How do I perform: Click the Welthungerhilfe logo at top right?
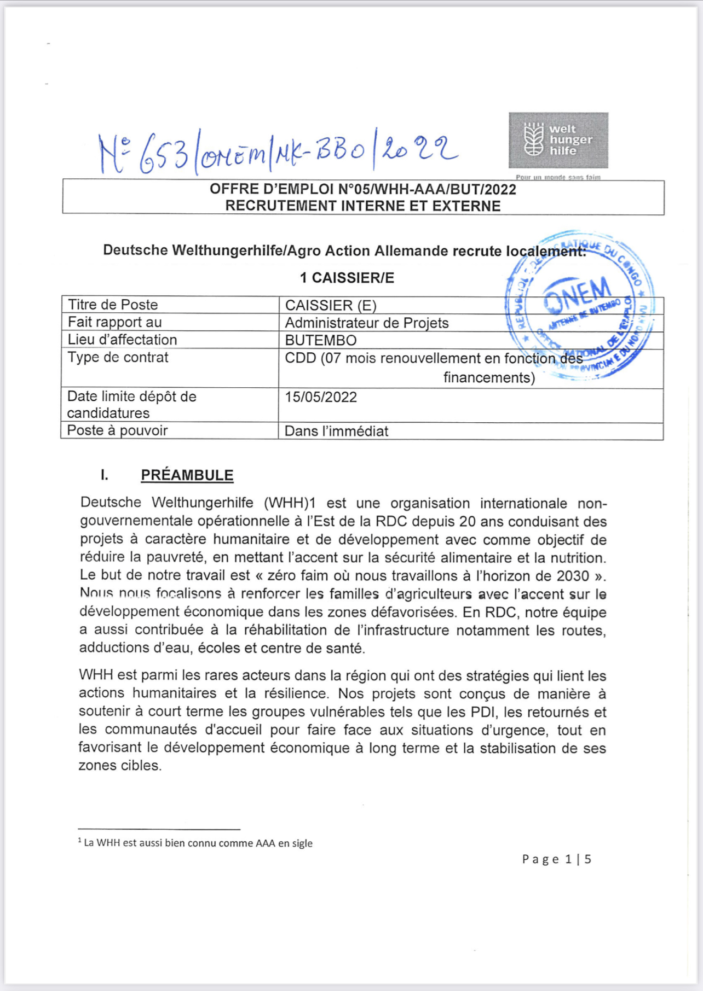(x=558, y=140)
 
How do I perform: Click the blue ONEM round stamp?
(x=581, y=305)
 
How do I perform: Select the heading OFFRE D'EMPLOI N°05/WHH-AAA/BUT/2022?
(x=362, y=189)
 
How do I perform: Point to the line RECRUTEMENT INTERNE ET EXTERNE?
(x=362, y=206)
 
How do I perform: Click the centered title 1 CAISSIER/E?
(x=347, y=278)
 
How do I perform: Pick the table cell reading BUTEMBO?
(x=321, y=340)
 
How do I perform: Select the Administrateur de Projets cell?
(x=366, y=323)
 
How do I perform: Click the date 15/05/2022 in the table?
(x=321, y=397)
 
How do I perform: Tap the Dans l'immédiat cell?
(x=336, y=431)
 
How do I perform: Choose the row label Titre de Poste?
(x=113, y=305)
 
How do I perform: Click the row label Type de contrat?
(x=118, y=357)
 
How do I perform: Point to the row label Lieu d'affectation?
(x=122, y=340)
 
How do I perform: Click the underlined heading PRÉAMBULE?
(x=187, y=475)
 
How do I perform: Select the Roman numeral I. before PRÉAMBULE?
(x=105, y=475)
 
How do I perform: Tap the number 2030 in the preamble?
(x=573, y=576)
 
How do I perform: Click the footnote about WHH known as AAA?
(x=197, y=843)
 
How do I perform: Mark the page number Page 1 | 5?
(x=557, y=859)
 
